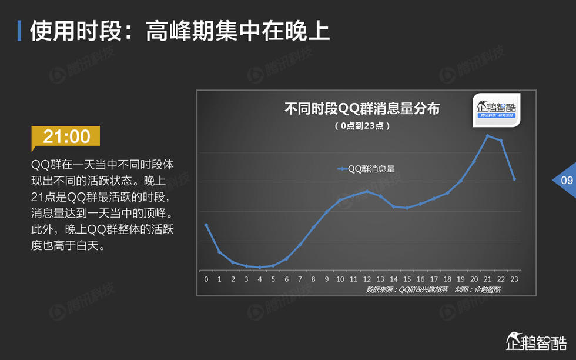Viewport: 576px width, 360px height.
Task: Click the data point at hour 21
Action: point(487,136)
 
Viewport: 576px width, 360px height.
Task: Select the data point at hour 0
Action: point(206,225)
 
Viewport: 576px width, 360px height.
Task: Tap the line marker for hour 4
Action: point(260,267)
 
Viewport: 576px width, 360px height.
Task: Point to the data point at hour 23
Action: point(514,179)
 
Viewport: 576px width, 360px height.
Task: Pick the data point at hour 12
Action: point(367,191)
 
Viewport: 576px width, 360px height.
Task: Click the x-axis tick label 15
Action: point(407,279)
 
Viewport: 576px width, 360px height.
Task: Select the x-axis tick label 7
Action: point(300,279)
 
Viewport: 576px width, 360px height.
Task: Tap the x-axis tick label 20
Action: point(474,279)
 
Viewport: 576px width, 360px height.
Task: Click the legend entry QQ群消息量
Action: point(366,169)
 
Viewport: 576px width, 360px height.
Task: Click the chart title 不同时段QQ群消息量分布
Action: point(362,108)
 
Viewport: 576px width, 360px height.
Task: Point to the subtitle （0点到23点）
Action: point(362,126)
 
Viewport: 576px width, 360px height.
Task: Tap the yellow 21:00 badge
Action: point(66,137)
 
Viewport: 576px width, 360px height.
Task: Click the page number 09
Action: point(567,180)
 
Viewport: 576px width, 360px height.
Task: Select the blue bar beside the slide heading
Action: point(19,31)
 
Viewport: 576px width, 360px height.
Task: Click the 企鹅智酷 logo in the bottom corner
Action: point(536,341)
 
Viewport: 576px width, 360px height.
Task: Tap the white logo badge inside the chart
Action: point(496,110)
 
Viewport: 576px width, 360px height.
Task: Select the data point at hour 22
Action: point(501,141)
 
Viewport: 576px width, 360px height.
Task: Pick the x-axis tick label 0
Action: point(206,279)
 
